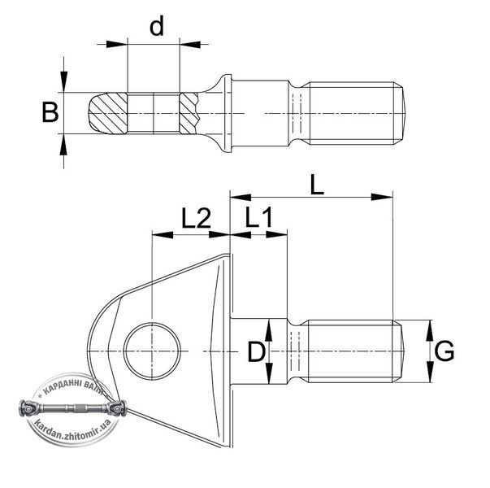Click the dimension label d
[x=157, y=27]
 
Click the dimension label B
[x=50, y=112]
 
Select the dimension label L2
[x=197, y=218]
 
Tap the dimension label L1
[x=259, y=217]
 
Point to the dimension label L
[x=317, y=185]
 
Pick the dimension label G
[x=444, y=351]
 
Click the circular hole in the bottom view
[x=152, y=351]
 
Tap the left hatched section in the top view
[x=108, y=113]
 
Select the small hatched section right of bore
[x=189, y=113]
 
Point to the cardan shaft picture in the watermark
[x=73, y=408]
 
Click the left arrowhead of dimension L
[x=241, y=197]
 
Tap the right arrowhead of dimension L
[x=382, y=197]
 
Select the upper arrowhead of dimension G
[x=431, y=331]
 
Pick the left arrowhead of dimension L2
[x=163, y=234]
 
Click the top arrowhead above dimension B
[x=63, y=82]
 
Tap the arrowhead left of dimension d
[x=117, y=44]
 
